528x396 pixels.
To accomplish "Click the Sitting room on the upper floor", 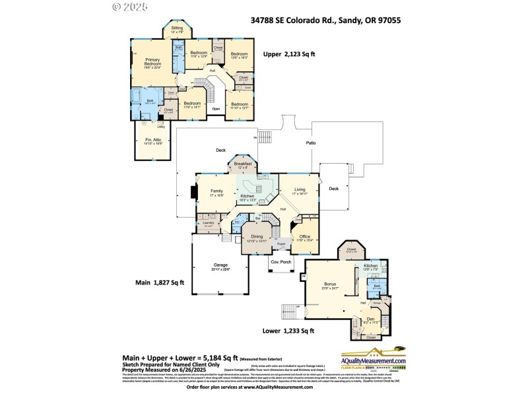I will tap(177, 30).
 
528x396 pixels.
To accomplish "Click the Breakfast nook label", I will tap(243, 164).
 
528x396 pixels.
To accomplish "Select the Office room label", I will tap(304, 237).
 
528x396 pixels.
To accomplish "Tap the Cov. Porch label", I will tap(281, 261).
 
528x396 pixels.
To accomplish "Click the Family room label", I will tap(216, 192).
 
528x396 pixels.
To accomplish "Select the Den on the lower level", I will tap(370, 319).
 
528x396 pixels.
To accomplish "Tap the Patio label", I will tap(310, 143).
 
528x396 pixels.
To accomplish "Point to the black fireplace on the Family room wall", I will tap(193, 193).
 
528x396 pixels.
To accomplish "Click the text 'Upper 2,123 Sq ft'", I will tap(291, 54).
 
